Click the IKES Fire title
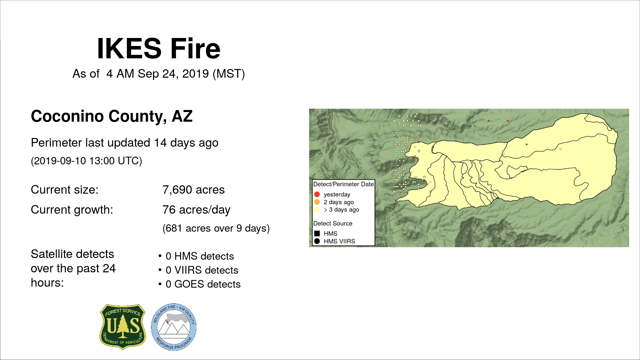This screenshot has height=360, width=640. [x=159, y=49]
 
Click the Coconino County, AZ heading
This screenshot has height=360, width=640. [x=112, y=116]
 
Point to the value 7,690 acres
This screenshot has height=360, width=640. [x=193, y=190]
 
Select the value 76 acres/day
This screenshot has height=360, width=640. [x=196, y=210]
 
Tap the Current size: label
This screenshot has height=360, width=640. [x=65, y=190]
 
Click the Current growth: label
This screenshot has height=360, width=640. [x=72, y=210]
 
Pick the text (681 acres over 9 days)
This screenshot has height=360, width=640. [x=216, y=228]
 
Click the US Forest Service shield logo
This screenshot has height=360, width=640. [x=123, y=327]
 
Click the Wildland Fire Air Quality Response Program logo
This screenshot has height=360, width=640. [x=174, y=327]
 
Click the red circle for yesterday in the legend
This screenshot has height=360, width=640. [x=317, y=194]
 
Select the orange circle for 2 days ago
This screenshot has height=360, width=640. [x=317, y=202]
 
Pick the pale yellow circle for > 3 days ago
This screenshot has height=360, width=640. [x=317, y=210]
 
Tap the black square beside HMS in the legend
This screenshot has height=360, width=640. [x=317, y=234]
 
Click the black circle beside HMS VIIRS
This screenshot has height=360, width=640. [x=317, y=241]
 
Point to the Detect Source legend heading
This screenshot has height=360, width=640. [x=333, y=223]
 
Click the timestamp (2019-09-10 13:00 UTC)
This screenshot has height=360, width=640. [x=87, y=161]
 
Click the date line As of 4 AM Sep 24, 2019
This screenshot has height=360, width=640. [x=159, y=74]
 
